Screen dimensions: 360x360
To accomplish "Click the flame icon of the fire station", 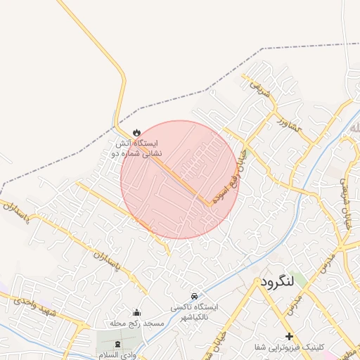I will (136, 132).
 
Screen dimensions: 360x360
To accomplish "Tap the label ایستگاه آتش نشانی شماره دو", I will (137, 148).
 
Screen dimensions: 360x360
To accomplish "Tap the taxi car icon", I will (194, 296).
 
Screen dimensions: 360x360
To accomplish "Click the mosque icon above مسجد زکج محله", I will (136, 312).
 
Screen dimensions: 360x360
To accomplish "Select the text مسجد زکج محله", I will (136, 324).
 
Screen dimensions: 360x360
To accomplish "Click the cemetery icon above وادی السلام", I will (117, 342).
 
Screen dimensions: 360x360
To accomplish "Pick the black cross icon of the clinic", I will (289, 336).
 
